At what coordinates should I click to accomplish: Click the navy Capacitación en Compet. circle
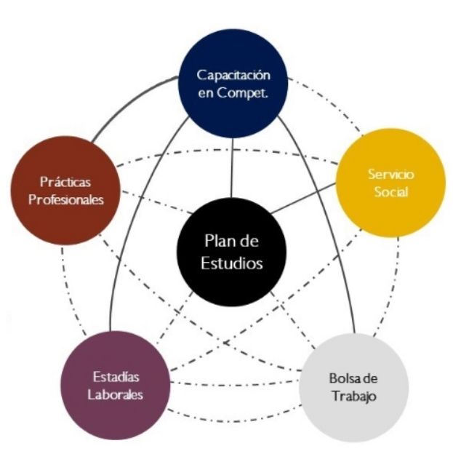point(233,83)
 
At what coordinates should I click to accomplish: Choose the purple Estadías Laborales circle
point(116,386)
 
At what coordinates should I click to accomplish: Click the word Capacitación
point(233,75)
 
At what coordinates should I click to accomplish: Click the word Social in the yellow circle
point(390,193)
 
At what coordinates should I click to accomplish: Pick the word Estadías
point(116,377)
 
